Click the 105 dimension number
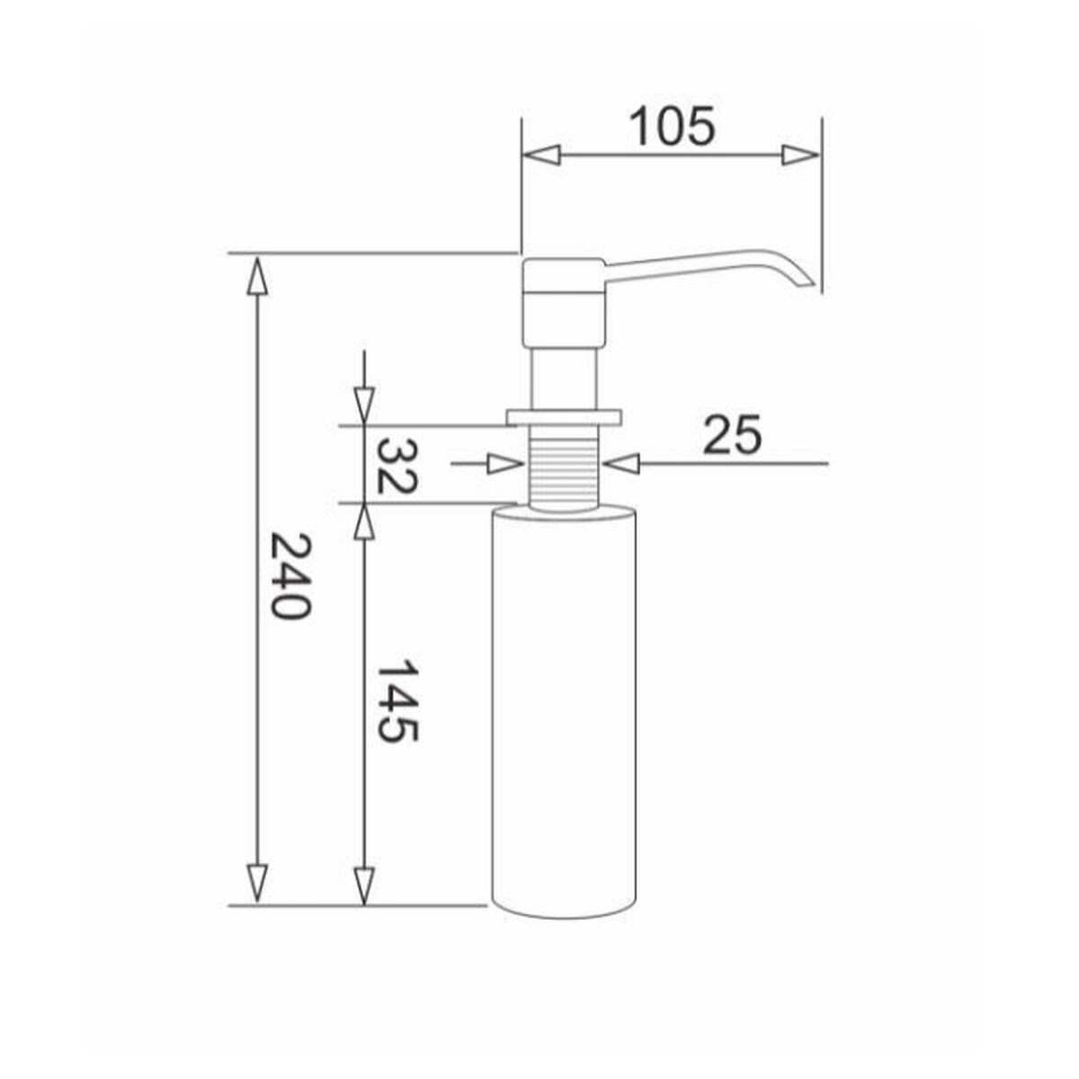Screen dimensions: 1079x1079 (x=673, y=126)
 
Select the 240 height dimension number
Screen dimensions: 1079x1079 (x=290, y=575)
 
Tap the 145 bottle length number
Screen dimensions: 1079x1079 (x=397, y=702)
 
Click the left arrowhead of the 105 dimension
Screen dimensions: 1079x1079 (x=541, y=155)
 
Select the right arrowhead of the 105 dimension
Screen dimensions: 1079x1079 (x=800, y=155)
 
